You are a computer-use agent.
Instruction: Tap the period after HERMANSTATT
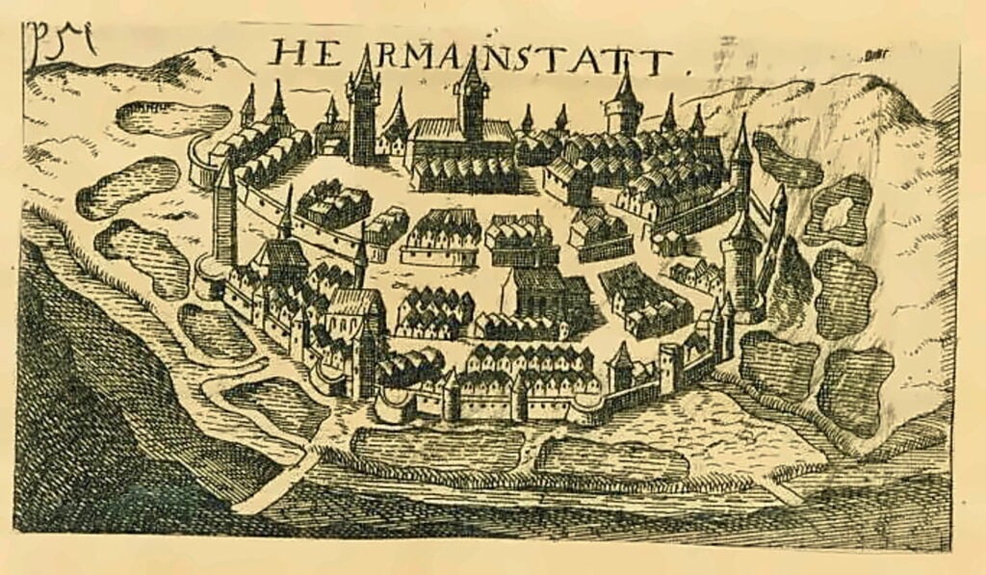tap(688, 71)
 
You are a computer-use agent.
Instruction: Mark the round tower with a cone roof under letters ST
tap(624, 106)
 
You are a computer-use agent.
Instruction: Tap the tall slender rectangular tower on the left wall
tap(224, 217)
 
